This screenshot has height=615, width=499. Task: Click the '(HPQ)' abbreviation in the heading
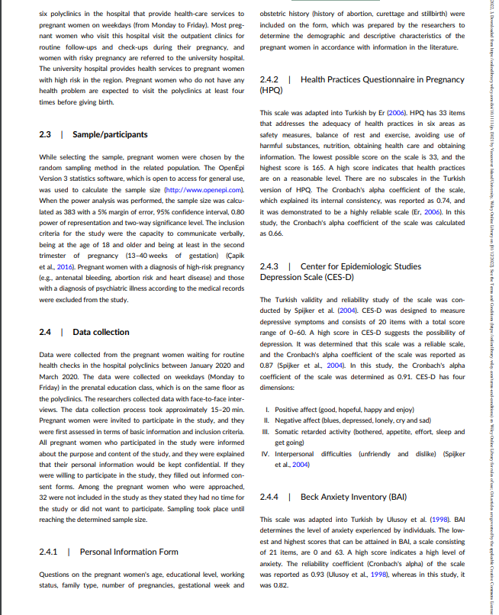[272, 89]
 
